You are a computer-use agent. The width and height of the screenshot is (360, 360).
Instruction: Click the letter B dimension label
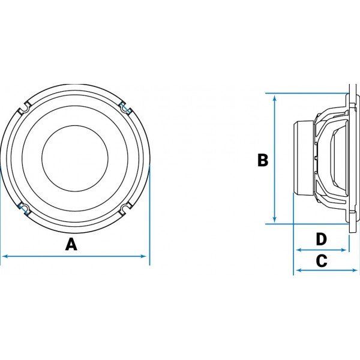point(263,160)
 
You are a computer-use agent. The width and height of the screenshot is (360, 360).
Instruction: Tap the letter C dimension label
point(322,260)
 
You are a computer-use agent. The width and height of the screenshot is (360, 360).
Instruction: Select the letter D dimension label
point(322,239)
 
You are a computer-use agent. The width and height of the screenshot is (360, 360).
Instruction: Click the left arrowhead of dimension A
point(4,256)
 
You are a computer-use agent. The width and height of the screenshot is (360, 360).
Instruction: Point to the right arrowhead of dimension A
point(143,256)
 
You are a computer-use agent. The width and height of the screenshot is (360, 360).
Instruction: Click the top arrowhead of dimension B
point(275,99)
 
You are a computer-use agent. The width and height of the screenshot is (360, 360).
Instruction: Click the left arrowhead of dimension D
point(299,250)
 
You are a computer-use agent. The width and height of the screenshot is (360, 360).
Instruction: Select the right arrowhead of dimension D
point(343,250)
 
